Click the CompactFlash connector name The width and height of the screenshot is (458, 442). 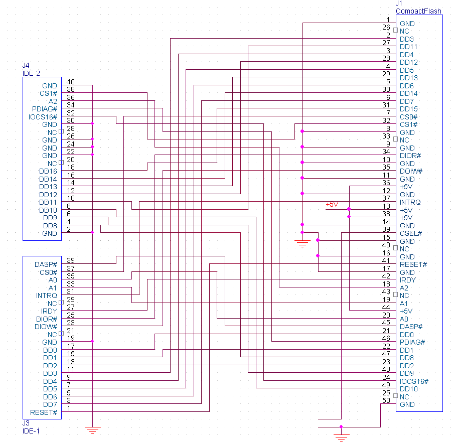419,11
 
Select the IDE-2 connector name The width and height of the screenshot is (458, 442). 31,73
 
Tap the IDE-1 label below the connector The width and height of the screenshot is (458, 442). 31,431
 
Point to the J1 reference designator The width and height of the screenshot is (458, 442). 399,4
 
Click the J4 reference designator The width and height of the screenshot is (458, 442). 26,66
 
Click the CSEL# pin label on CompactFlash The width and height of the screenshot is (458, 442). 411,233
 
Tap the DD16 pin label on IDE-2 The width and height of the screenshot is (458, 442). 48,171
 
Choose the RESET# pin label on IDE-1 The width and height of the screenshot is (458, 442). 44,412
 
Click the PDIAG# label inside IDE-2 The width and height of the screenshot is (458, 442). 45,109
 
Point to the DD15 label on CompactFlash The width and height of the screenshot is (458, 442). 409,109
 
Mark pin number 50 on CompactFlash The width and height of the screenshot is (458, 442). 386,401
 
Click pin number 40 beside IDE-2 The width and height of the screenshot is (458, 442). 71,82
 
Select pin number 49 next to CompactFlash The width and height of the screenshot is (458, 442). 386,385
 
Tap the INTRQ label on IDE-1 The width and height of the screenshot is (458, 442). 47,296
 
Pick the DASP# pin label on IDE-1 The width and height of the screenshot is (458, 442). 46,264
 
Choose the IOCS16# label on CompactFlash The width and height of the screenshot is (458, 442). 414,381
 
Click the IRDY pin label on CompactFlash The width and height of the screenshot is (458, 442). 408,280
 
